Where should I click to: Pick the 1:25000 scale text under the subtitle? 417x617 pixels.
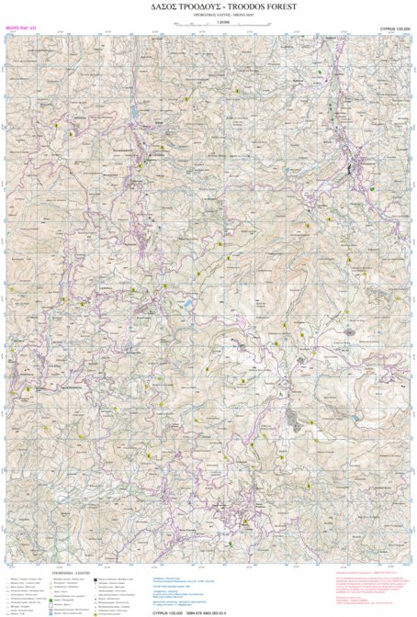pos(208,23)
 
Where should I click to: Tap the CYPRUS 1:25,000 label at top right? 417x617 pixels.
pos(395,29)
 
